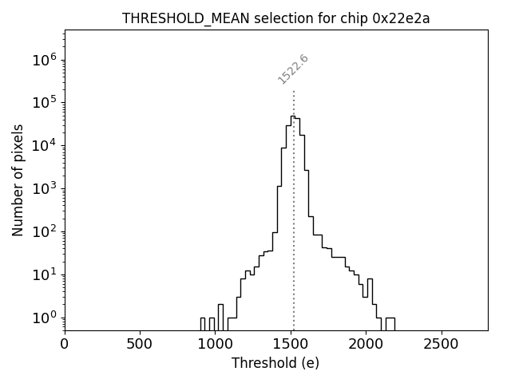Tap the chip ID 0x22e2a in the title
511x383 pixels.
[401, 19]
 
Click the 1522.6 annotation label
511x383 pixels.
[293, 69]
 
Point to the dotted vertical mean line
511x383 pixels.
[294, 239]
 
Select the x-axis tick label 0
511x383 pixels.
[65, 344]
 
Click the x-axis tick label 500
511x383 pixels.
[140, 344]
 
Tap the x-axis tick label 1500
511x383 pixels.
[291, 344]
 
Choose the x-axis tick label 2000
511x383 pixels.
[366, 344]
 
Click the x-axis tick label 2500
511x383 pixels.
[441, 344]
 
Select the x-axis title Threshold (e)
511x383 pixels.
[275, 363]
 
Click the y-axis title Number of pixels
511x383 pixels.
[18, 180]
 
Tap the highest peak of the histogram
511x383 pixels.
[292, 116]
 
